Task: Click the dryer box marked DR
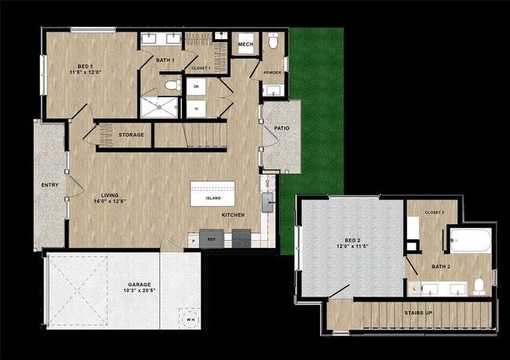(x=196, y=87)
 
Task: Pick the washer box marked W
(x=196, y=107)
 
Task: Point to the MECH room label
(x=246, y=45)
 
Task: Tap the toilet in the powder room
(x=273, y=43)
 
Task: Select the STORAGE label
(x=131, y=135)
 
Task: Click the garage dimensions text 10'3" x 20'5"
(x=140, y=292)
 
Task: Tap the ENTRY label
(x=49, y=185)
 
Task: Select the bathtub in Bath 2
(x=470, y=240)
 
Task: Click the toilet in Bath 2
(x=477, y=286)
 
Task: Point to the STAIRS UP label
(x=417, y=313)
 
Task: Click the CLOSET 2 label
(x=435, y=213)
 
